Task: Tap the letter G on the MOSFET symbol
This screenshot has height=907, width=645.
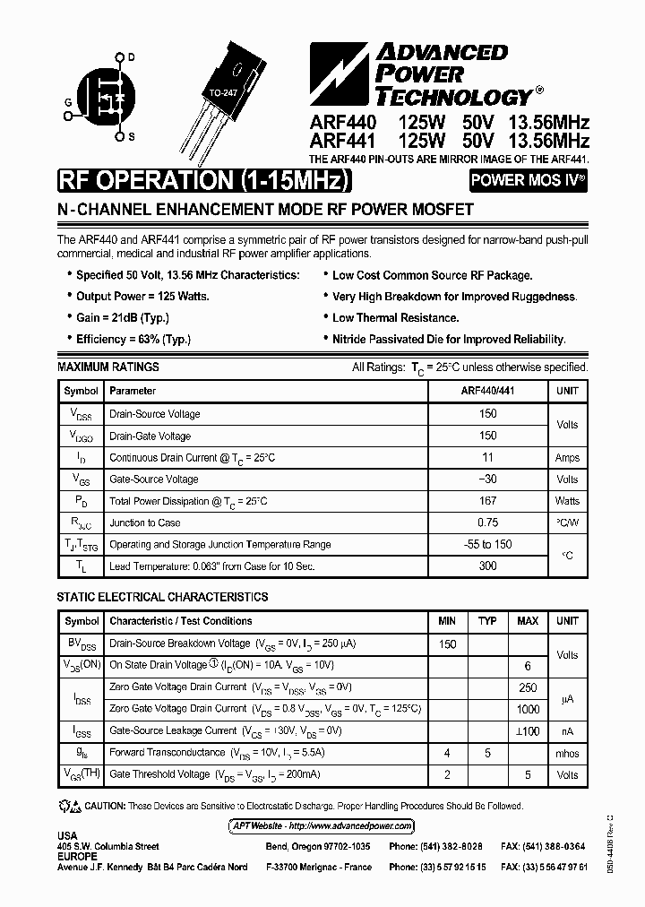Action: tap(67, 102)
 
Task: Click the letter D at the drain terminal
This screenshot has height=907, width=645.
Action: tap(131, 57)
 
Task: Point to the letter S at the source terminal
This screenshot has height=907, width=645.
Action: tap(131, 136)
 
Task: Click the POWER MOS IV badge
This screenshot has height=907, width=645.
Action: tap(529, 180)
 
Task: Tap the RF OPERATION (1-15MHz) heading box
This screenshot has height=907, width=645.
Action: tap(202, 180)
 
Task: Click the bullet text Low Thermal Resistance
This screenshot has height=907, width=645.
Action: tap(395, 317)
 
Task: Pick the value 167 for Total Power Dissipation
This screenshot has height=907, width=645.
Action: tap(487, 501)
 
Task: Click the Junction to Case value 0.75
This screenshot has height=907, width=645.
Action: tap(487, 523)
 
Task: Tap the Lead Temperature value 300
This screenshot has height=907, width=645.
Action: tap(487, 566)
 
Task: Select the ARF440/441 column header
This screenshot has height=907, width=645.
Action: tap(487, 391)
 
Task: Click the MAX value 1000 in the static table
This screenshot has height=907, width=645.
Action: tap(528, 709)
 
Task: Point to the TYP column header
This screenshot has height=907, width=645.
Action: tap(487, 621)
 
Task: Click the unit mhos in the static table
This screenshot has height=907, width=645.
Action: tap(567, 754)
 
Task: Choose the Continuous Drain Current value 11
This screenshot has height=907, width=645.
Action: tap(487, 457)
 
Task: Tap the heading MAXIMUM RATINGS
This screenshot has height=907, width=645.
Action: tap(107, 367)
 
